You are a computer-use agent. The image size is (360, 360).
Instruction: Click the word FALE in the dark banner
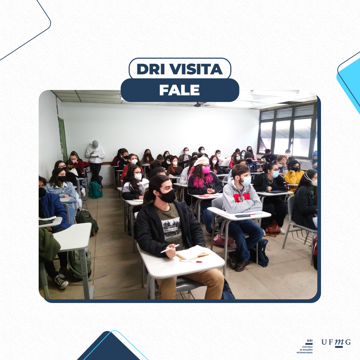tap(180, 90)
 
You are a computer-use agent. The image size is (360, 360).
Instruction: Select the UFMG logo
tap(336, 343)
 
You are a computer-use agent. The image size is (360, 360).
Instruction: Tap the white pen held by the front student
tap(170, 248)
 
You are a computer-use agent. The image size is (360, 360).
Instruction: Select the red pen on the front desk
tap(191, 261)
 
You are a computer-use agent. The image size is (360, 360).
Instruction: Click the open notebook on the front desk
tap(192, 253)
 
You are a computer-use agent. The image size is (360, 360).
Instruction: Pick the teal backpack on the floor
tap(95, 190)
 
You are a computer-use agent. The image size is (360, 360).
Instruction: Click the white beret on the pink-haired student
tap(201, 161)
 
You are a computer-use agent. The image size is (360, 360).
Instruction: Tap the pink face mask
tap(206, 170)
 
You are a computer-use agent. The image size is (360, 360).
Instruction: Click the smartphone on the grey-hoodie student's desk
tap(242, 216)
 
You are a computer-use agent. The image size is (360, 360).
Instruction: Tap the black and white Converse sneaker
tap(61, 282)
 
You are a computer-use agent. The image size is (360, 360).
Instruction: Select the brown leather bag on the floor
tap(273, 228)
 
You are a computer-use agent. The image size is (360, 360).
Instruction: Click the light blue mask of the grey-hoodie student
tap(246, 181)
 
